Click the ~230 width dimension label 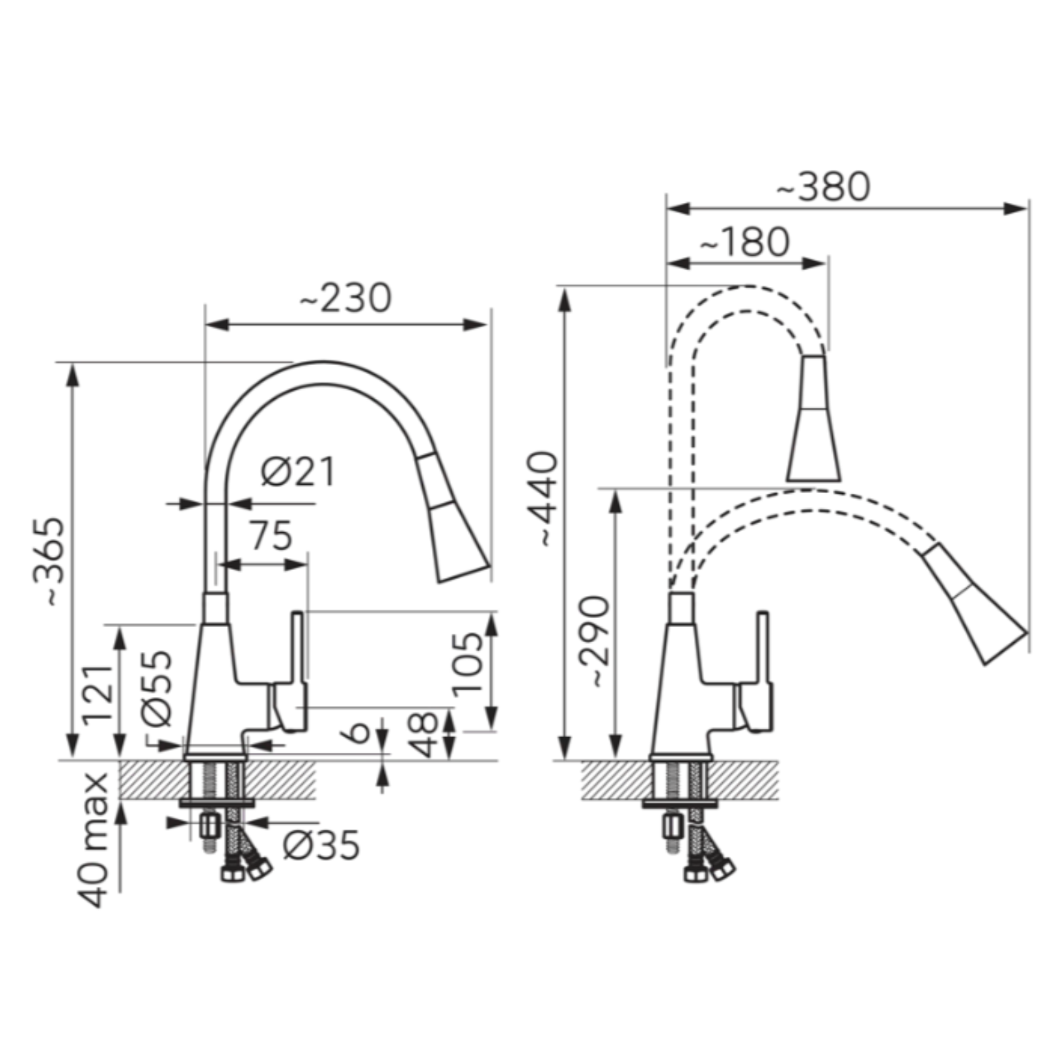point(345,298)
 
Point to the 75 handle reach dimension point(271,536)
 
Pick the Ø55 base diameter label point(156,688)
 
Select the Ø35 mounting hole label point(321,845)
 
